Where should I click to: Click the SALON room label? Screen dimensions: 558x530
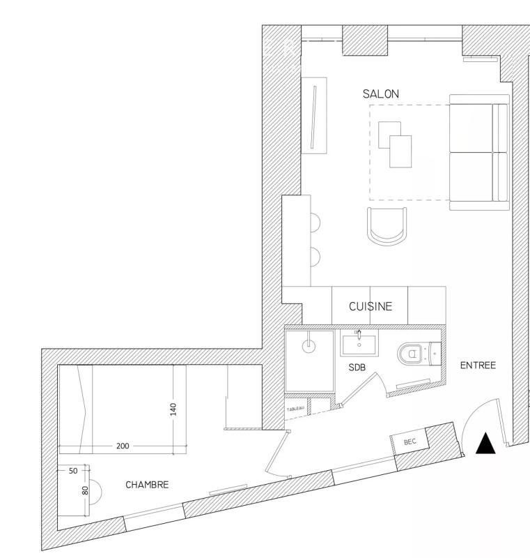[381, 93]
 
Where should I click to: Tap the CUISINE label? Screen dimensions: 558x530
[371, 306]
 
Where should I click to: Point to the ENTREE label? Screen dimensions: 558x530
[478, 365]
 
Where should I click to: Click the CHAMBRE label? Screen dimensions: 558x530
[147, 485]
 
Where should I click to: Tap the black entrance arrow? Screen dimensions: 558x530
[485, 444]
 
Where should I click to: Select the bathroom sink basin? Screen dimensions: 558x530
[359, 345]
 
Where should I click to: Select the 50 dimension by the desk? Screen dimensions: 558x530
[72, 472]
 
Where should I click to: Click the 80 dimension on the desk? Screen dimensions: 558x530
[86, 490]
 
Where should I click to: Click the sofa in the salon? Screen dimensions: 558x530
[479, 152]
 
